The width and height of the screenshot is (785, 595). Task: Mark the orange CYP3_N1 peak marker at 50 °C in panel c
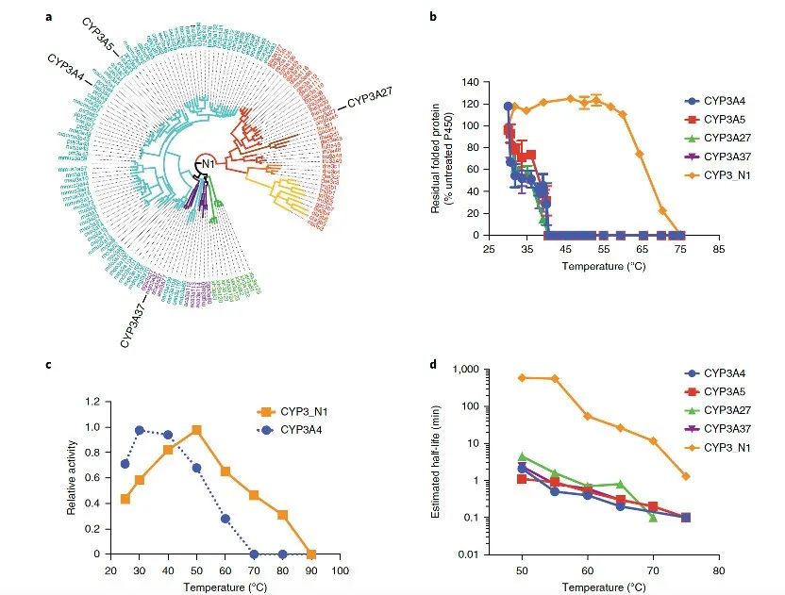196,430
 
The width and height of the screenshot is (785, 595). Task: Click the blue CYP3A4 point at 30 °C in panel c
139,430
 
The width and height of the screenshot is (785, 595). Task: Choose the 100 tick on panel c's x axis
340,570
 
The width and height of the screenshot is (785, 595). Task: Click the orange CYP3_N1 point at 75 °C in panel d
685,476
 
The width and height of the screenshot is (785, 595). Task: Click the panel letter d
432,364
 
